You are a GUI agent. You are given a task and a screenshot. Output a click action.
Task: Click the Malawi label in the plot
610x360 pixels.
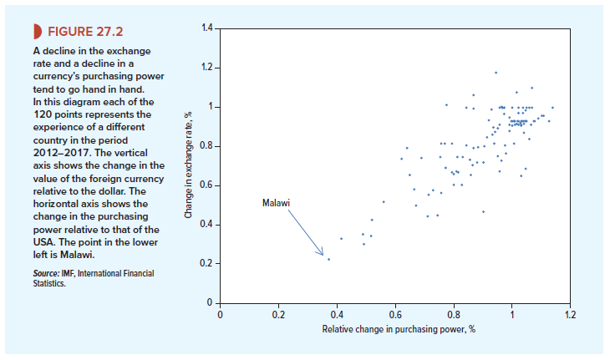(276, 204)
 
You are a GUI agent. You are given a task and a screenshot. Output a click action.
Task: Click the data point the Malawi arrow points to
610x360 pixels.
(328, 259)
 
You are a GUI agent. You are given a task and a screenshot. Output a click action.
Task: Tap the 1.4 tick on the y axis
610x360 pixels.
(207, 28)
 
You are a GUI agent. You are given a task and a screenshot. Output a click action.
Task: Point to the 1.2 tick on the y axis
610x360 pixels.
(207, 68)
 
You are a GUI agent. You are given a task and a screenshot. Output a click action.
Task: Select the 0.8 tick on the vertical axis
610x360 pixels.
(207, 146)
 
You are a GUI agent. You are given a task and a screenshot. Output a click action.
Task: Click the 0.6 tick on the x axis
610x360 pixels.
(395, 315)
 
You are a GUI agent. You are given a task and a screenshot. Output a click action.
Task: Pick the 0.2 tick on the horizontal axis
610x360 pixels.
(277, 315)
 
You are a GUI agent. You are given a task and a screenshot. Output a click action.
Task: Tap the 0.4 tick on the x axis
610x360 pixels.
(337, 315)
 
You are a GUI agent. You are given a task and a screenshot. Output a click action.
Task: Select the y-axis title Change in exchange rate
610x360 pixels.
(190, 164)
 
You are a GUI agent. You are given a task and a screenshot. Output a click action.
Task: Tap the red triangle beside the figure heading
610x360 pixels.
(34, 33)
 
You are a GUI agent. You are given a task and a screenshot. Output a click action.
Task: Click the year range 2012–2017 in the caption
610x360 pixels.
(60, 153)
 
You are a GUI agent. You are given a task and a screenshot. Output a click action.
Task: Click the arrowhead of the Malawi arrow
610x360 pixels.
(321, 252)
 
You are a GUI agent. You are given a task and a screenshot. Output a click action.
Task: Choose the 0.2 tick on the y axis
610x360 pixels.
(207, 264)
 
